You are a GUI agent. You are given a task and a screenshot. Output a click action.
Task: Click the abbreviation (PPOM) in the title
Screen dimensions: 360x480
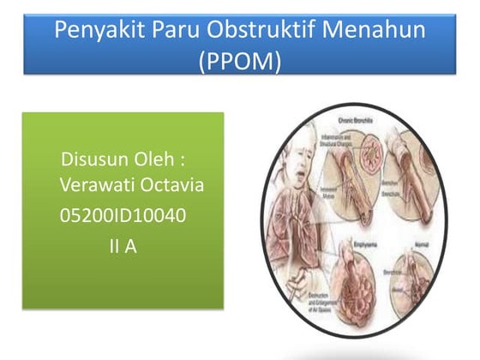(x=239, y=63)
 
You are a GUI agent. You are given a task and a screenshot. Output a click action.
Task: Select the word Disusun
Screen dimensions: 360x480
(x=96, y=160)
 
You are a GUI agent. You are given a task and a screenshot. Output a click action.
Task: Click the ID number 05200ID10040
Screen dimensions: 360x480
(x=123, y=214)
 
